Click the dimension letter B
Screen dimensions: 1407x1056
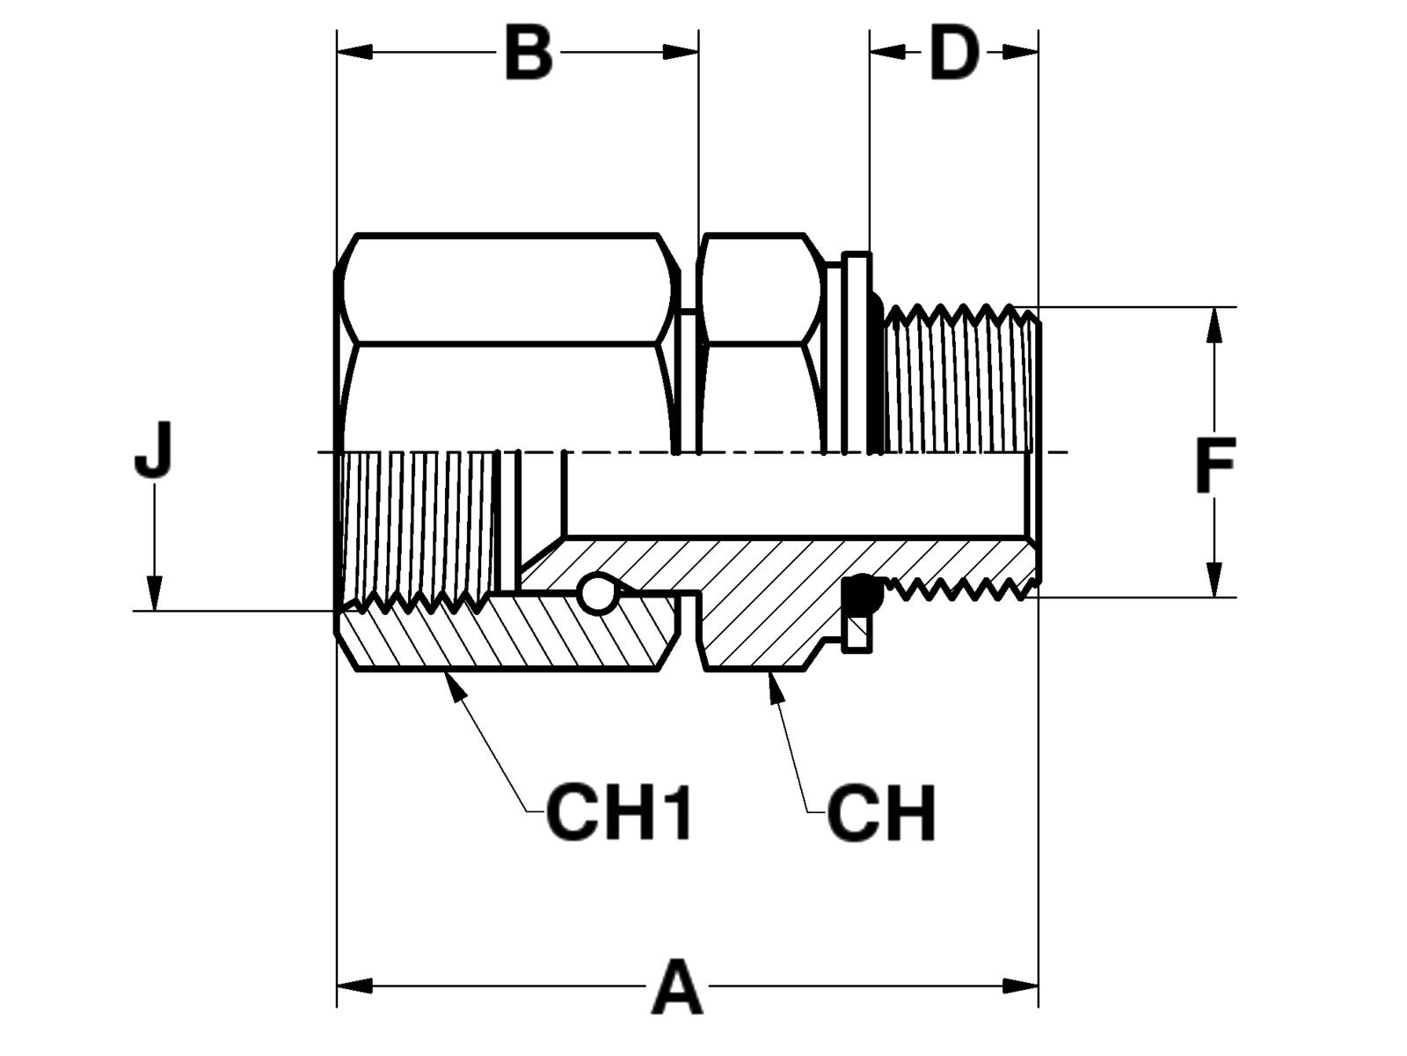pos(529,53)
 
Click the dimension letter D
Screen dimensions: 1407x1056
pos(954,53)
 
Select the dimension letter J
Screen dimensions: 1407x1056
pos(154,450)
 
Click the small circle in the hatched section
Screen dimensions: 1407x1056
pos(597,592)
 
